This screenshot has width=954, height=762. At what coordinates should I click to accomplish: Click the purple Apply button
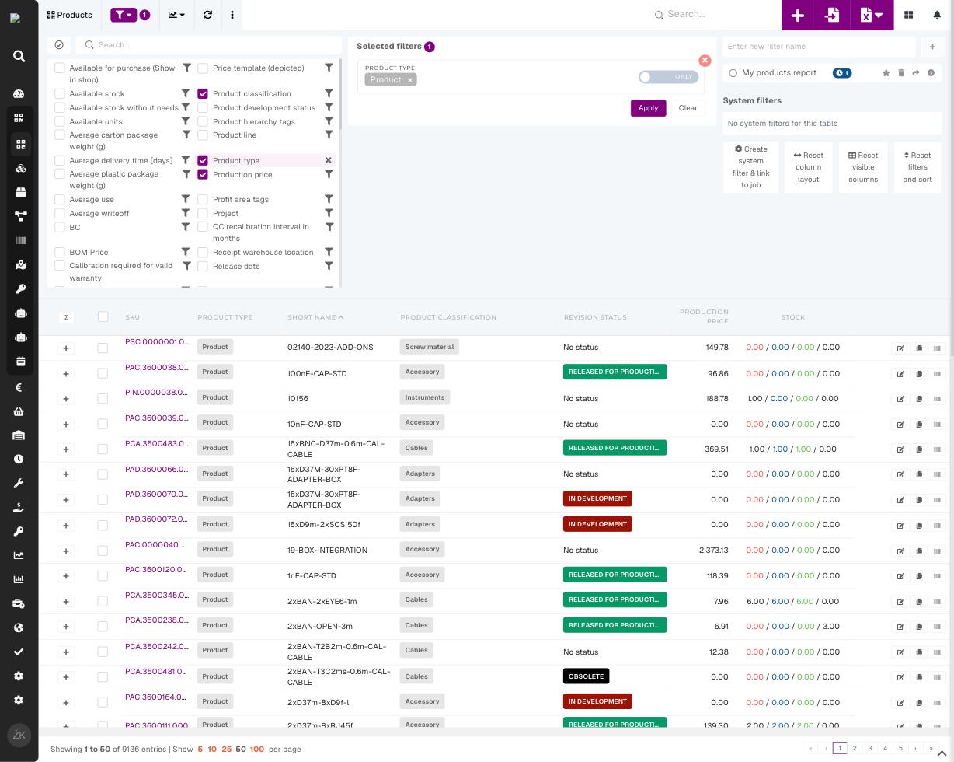click(x=648, y=108)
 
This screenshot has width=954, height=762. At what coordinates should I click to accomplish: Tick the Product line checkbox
click(x=203, y=135)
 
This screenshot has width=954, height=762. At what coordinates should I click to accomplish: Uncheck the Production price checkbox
click(x=203, y=174)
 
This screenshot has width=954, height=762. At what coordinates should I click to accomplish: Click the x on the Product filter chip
click(x=410, y=80)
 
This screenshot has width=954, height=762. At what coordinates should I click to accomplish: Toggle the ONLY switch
click(x=668, y=77)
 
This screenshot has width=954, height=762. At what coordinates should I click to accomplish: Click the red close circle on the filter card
click(x=705, y=61)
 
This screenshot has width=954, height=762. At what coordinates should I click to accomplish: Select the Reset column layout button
click(x=808, y=167)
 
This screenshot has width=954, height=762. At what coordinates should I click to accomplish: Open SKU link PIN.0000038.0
click(x=156, y=393)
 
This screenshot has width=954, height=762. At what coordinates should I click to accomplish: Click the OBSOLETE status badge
click(x=586, y=676)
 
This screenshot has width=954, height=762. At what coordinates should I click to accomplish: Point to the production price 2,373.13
click(x=713, y=551)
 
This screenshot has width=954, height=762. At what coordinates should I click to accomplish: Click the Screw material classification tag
click(x=429, y=347)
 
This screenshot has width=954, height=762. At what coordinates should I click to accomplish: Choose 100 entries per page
click(x=256, y=749)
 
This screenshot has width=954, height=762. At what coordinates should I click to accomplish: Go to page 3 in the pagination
click(x=870, y=748)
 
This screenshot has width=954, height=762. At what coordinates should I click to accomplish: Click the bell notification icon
click(x=937, y=15)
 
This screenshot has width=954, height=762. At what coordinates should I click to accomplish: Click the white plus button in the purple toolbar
click(x=798, y=15)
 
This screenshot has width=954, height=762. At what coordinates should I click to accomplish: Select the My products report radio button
click(x=733, y=73)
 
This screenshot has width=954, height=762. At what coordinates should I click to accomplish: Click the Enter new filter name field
click(x=818, y=47)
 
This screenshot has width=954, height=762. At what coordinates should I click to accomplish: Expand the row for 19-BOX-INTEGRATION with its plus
click(x=65, y=551)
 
